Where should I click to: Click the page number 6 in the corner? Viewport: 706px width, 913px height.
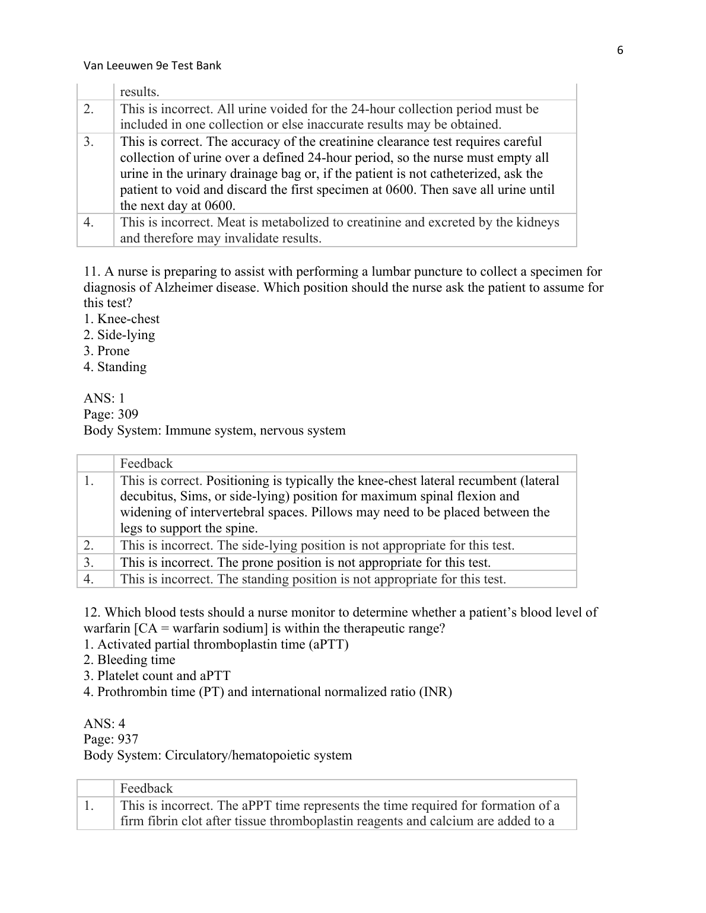click(x=620, y=50)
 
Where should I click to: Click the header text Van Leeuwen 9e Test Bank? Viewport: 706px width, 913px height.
click(x=152, y=66)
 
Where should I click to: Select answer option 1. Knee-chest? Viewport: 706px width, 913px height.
click(x=122, y=319)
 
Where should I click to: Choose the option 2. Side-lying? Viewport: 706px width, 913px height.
click(x=119, y=335)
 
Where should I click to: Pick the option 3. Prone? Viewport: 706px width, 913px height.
click(x=107, y=351)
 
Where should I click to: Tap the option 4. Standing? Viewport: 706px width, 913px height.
click(x=115, y=367)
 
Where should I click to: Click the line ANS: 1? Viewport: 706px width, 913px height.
click(x=104, y=398)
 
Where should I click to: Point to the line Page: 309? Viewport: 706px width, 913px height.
click(x=111, y=414)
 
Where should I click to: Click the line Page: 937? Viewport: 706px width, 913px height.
click(x=111, y=739)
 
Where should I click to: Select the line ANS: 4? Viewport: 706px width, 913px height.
click(x=104, y=723)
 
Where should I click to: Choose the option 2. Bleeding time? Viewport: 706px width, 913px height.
click(x=129, y=660)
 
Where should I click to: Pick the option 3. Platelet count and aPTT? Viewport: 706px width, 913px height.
click(x=157, y=676)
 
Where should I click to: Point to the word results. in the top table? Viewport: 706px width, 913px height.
click(x=139, y=92)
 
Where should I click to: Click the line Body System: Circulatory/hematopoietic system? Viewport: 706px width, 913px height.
click(x=218, y=755)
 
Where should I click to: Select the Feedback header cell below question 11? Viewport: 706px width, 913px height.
click(x=147, y=464)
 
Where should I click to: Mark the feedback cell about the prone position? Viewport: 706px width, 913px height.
click(x=306, y=563)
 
